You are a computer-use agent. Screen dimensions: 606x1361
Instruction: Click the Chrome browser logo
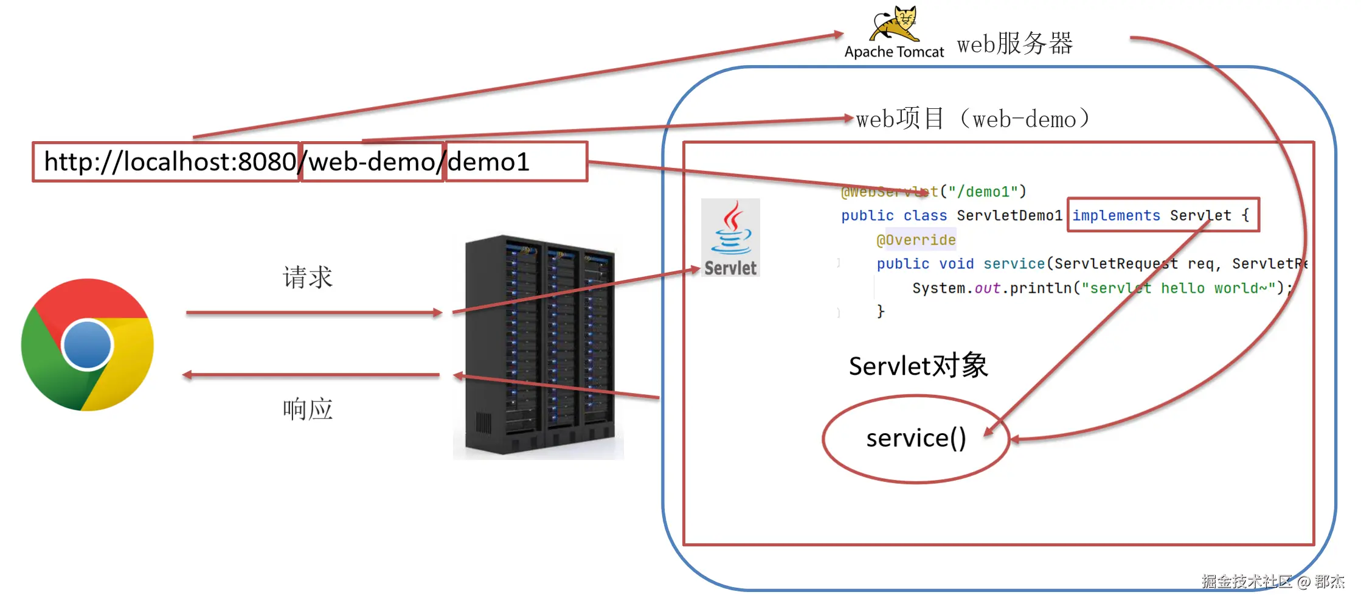(88, 344)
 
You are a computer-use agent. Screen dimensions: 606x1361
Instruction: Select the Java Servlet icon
(730, 237)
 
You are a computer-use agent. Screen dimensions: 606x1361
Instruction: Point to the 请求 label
(308, 277)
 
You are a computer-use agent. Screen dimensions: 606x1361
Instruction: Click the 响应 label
(308, 409)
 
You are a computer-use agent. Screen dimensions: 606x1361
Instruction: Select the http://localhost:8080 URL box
(166, 162)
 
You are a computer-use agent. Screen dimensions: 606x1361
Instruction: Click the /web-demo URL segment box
(372, 162)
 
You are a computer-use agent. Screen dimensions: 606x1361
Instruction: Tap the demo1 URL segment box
(516, 162)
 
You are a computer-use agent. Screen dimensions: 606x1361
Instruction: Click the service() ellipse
(916, 439)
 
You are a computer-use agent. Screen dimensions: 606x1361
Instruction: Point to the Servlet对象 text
(918, 366)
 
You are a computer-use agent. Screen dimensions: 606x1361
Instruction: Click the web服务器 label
(1015, 44)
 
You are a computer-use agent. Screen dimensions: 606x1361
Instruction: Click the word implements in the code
(1116, 215)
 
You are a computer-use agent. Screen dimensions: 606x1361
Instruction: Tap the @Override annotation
(916, 240)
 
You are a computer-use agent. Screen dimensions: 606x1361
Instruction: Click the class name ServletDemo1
(1009, 215)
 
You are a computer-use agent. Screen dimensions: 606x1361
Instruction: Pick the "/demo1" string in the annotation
(983, 192)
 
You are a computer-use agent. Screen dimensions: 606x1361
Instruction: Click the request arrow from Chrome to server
(314, 313)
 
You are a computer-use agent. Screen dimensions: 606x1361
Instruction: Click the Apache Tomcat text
(894, 52)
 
